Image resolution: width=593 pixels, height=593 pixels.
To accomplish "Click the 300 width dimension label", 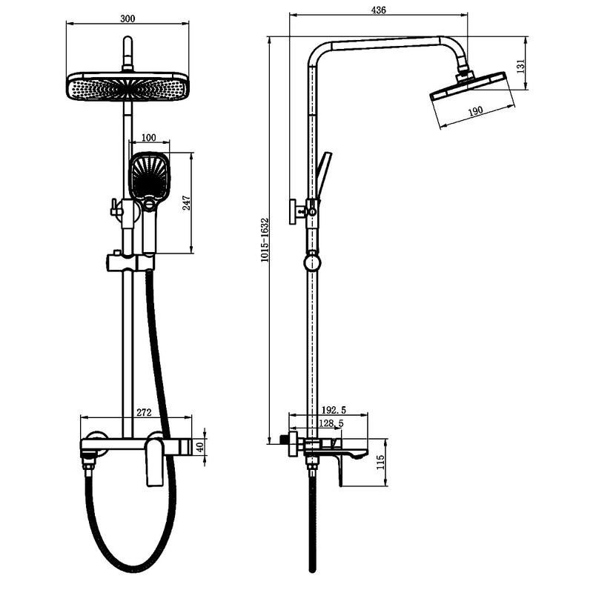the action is [x=127, y=19].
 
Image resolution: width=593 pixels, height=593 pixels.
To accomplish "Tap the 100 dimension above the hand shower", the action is [x=149, y=138].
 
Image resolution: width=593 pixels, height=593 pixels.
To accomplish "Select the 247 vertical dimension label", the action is [x=187, y=203].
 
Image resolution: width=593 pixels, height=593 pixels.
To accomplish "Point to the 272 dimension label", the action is [x=144, y=412].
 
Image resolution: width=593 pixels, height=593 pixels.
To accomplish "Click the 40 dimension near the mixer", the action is [x=200, y=447].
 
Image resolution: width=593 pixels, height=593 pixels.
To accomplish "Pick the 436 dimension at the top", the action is [x=378, y=10].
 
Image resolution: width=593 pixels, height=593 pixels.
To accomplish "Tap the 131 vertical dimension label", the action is [x=521, y=66].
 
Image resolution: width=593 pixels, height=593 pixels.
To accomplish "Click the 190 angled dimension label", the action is [x=475, y=110].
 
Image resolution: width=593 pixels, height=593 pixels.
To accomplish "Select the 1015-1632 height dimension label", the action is [x=265, y=239].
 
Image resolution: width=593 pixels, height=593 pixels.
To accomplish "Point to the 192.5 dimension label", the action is [x=334, y=410].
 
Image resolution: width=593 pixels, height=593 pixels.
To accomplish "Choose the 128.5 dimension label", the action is [x=331, y=423].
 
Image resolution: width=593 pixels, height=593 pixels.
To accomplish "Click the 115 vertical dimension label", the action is [x=380, y=462].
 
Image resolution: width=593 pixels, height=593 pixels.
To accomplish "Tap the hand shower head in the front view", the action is [x=150, y=175].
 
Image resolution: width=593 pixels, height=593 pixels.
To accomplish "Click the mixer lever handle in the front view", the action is [x=154, y=460].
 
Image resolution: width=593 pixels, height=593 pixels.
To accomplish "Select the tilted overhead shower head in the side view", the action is [x=473, y=85].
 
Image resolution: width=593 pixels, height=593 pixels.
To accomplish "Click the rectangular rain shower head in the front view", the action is [x=127, y=87].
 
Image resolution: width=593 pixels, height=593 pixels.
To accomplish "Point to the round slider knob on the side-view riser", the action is [x=312, y=262].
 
